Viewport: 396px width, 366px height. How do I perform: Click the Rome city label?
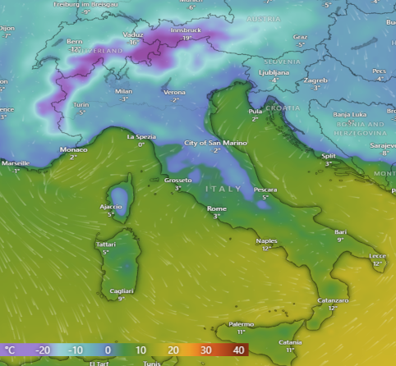(217, 208)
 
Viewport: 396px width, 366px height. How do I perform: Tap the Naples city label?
(267, 240)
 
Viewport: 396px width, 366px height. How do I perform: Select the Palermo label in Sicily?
(241, 324)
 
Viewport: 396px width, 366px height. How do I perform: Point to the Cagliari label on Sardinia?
(121, 291)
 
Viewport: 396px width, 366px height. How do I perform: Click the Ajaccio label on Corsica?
(111, 207)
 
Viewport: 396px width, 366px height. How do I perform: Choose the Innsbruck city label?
(186, 30)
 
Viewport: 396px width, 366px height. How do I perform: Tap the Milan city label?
(124, 92)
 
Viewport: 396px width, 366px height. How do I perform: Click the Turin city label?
(81, 105)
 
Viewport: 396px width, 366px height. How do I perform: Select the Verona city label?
(174, 92)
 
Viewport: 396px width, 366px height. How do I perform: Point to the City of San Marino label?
(215, 143)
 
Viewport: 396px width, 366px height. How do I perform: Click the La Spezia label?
(140, 137)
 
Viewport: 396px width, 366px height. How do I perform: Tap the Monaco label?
(73, 149)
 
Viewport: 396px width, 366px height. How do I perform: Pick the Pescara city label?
(265, 190)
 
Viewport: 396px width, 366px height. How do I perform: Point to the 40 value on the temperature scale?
(239, 350)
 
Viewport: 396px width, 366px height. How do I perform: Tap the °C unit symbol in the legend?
(9, 350)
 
